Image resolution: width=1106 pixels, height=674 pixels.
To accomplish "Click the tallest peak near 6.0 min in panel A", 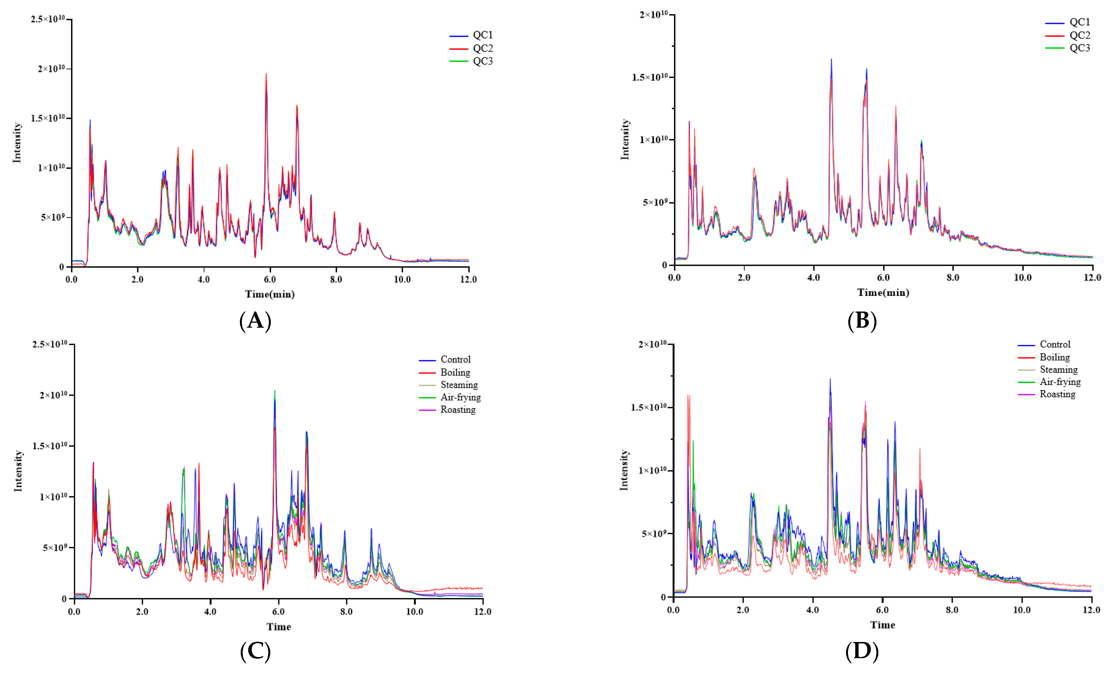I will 266,75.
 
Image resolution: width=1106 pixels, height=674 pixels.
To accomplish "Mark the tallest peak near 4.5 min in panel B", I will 831,60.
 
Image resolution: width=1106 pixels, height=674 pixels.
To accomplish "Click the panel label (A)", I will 255,321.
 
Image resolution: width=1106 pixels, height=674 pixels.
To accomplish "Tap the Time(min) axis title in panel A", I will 270,294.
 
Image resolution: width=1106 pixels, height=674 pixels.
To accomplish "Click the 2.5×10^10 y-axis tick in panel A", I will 48,19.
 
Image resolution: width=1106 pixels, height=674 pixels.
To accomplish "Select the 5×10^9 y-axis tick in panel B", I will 658,203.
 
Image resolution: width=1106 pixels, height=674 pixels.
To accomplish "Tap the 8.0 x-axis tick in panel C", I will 346,612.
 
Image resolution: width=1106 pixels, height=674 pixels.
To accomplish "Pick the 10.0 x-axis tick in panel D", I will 1022,610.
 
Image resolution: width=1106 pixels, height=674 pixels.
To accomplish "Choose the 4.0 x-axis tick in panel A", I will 203,280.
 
